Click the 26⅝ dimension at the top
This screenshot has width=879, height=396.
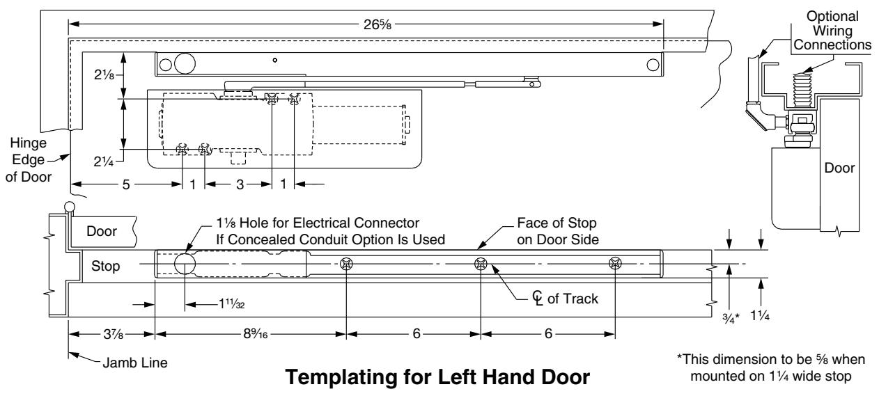point(377,24)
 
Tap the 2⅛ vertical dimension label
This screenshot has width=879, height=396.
point(104,74)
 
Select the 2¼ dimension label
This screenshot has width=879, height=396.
point(104,161)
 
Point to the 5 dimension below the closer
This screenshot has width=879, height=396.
point(125,184)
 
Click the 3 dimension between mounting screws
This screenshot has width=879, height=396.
point(240,184)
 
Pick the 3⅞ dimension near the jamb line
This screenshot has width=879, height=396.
point(114,334)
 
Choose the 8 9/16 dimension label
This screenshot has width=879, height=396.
point(256,333)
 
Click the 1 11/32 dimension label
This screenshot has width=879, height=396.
point(231,304)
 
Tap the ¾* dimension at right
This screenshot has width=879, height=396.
point(731,318)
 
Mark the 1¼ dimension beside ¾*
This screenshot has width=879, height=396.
point(760,315)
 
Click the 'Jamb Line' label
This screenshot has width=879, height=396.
point(135,363)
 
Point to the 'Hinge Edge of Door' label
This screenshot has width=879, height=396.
point(29,159)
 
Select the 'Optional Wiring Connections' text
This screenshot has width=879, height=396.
point(832,31)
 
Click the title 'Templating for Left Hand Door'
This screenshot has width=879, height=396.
point(437,377)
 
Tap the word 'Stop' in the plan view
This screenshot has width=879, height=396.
point(106,266)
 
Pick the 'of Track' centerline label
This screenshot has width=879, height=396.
point(573,299)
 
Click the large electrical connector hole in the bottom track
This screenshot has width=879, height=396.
point(185,264)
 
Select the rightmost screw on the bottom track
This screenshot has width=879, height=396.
point(615,263)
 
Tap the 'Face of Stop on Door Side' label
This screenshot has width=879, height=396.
point(558,231)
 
